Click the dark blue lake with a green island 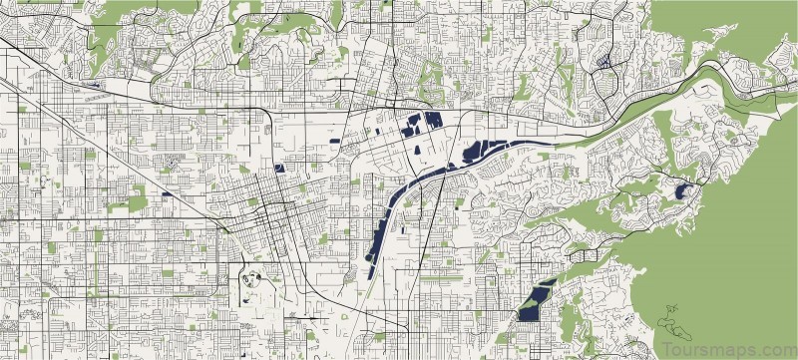pyautogui.click(x=536, y=300)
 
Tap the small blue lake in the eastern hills pyautogui.click(x=683, y=189)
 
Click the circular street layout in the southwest pyautogui.click(x=250, y=278)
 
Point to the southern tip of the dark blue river pyautogui.click(x=370, y=269)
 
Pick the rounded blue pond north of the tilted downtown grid pyautogui.click(x=279, y=167)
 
